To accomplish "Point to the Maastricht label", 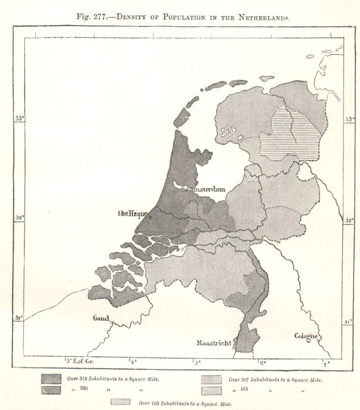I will [214, 343].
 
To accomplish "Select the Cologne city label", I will [306, 336].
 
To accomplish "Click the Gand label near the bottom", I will [101, 318].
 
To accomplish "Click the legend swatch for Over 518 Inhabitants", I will [51, 379].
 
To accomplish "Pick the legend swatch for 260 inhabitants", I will [51, 390].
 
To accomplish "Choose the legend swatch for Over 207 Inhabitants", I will [212, 379].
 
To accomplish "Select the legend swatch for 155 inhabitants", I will [212, 390].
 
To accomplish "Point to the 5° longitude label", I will [197, 362].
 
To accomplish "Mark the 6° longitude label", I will [261, 362].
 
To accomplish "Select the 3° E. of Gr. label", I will [80, 361].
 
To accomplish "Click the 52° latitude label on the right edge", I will [349, 220].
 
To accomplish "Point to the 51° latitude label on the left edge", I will [19, 318].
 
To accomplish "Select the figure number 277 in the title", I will [102, 18].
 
